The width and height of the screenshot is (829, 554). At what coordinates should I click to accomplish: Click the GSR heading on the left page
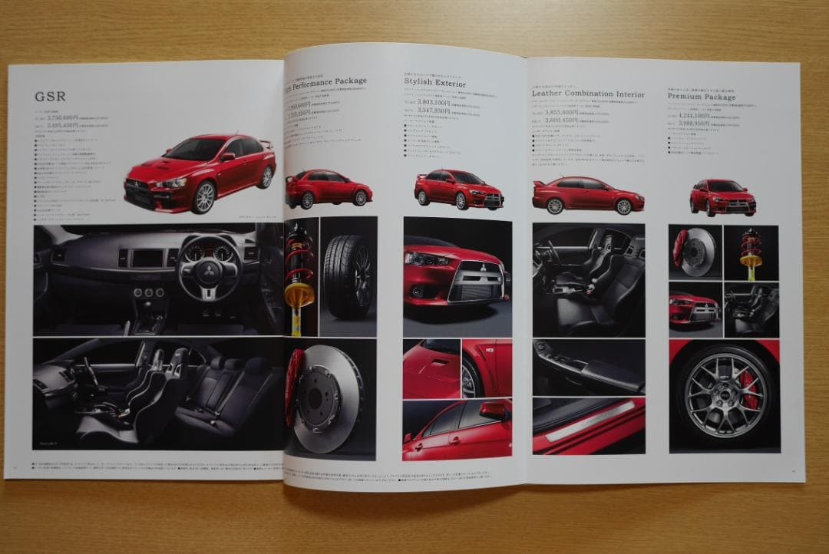click(50, 97)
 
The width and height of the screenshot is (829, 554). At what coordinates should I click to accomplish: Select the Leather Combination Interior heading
click(588, 94)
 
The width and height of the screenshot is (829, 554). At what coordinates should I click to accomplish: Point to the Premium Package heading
click(701, 97)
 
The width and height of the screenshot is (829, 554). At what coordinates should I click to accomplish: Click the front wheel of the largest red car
click(203, 197)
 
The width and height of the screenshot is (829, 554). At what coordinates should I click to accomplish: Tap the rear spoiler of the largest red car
click(266, 143)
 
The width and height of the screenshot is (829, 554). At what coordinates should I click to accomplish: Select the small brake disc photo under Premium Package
click(694, 252)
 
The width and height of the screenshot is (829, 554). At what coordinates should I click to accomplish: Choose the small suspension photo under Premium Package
click(750, 252)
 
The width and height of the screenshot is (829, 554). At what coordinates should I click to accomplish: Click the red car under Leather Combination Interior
click(587, 195)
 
